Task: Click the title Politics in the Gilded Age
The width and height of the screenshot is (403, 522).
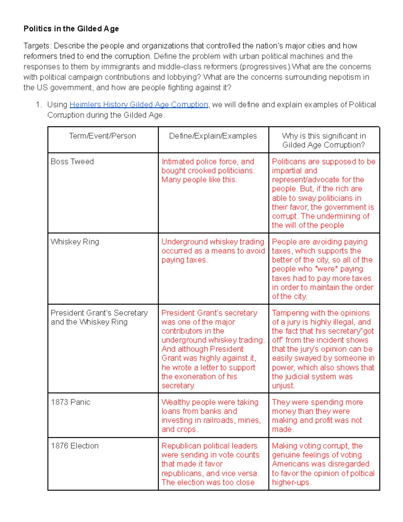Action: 71,29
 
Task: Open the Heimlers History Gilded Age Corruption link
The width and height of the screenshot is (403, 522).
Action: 139,105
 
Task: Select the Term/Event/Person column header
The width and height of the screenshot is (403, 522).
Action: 102,136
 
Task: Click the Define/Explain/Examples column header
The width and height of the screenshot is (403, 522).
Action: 213,136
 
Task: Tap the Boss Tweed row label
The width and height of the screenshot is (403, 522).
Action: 72,162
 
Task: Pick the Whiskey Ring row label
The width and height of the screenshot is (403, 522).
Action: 75,242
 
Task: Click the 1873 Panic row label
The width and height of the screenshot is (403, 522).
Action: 71,402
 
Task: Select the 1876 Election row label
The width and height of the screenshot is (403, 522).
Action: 75,446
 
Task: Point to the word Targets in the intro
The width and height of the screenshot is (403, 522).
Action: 37,46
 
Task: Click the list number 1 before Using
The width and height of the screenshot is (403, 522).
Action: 39,105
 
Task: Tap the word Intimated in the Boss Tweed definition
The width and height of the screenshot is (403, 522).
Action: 177,162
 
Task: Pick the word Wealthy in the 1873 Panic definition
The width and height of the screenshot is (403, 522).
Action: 175,402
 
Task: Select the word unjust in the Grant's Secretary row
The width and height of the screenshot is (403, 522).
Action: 283,386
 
